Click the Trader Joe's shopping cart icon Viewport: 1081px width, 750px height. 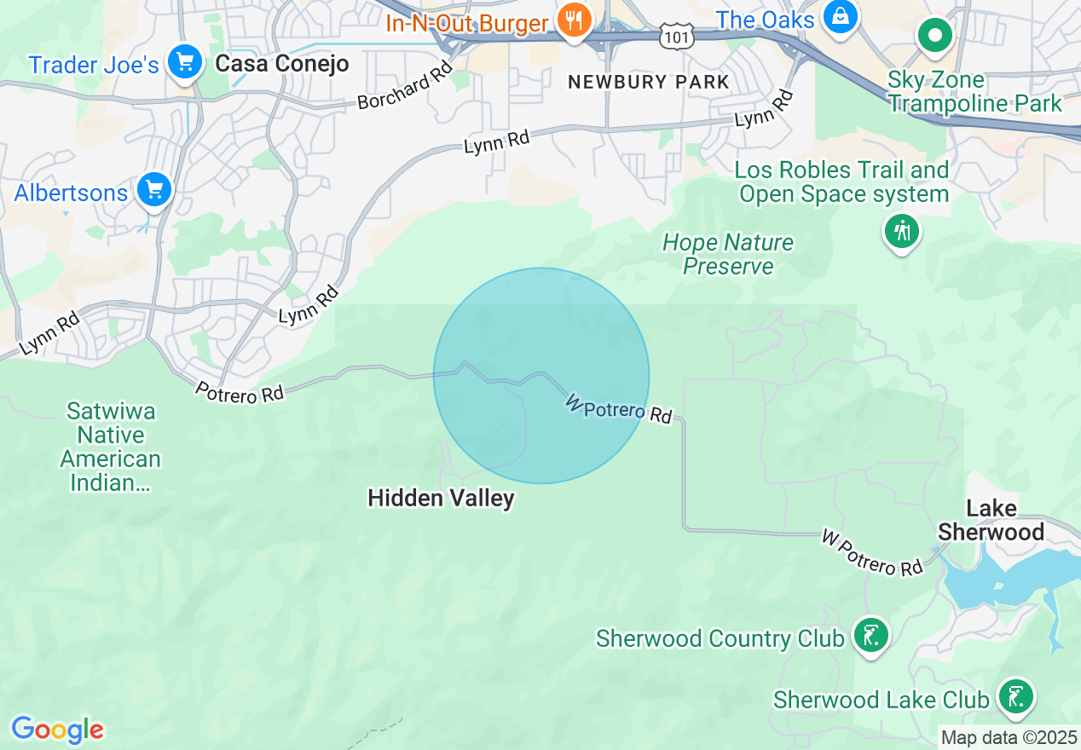tap(184, 63)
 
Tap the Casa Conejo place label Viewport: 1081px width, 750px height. tap(281, 64)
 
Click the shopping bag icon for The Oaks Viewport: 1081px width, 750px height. tap(841, 18)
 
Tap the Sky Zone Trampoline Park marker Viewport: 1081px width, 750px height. tap(935, 36)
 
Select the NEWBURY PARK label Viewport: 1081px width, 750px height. tap(649, 83)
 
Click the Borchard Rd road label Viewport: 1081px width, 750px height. tap(404, 88)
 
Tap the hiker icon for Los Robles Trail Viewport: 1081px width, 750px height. tap(902, 231)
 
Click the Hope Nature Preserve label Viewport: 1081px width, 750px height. tap(728, 254)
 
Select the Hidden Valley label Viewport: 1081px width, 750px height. tap(441, 498)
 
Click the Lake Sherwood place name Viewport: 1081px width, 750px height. tap(991, 521)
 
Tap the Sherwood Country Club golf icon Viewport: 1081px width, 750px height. tap(870, 636)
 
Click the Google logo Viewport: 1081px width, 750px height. tap(57, 730)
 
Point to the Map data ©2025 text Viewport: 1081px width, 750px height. tap(1009, 736)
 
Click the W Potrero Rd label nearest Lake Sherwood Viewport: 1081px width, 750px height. tap(872, 552)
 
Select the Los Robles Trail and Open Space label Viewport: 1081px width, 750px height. tap(843, 182)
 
